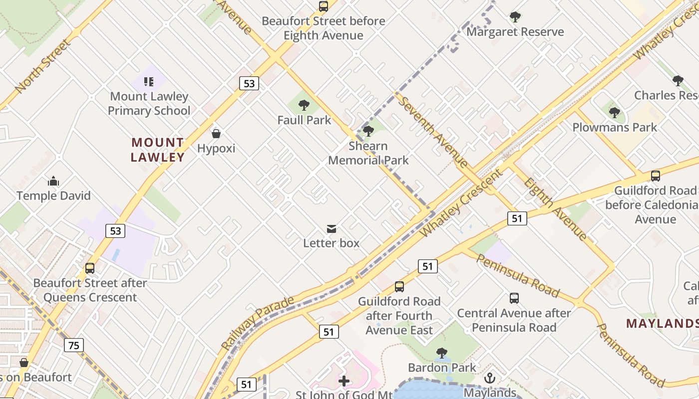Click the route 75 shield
pos(74,345)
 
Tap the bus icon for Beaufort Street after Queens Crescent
pos(90,268)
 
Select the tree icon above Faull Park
pos(304,105)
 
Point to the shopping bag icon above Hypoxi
pos(216,134)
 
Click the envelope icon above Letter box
pos(331,229)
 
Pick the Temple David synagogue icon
pos(53,181)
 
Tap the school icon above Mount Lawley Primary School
pos(148,81)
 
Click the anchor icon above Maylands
pos(489,378)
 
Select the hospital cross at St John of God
pos(344,382)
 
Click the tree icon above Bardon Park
pos(441,353)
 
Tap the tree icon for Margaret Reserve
pos(515,17)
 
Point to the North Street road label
pos(43,66)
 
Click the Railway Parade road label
pos(258,323)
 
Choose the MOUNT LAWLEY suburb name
pos(158,150)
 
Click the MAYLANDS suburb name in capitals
pos(662,323)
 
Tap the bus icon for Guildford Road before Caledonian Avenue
pos(655,176)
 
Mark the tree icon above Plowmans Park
pos(615,113)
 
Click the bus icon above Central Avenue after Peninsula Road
pos(514,298)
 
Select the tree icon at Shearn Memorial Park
pos(368,131)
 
